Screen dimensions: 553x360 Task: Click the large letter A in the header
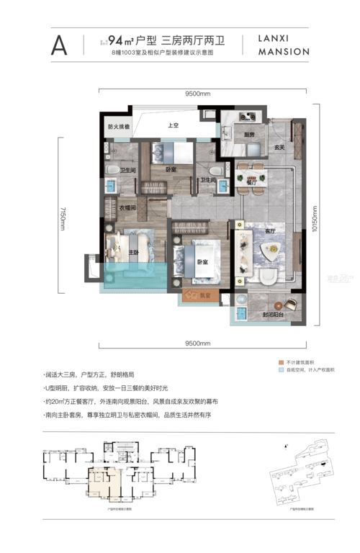click(59, 45)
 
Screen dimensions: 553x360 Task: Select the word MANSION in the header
click(282, 52)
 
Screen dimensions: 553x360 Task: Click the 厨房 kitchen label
click(248, 135)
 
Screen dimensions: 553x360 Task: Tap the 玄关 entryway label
click(279, 148)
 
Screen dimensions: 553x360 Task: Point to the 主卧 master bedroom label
click(133, 253)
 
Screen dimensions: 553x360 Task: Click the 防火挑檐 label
click(117, 127)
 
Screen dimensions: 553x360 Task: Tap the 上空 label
click(173, 126)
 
